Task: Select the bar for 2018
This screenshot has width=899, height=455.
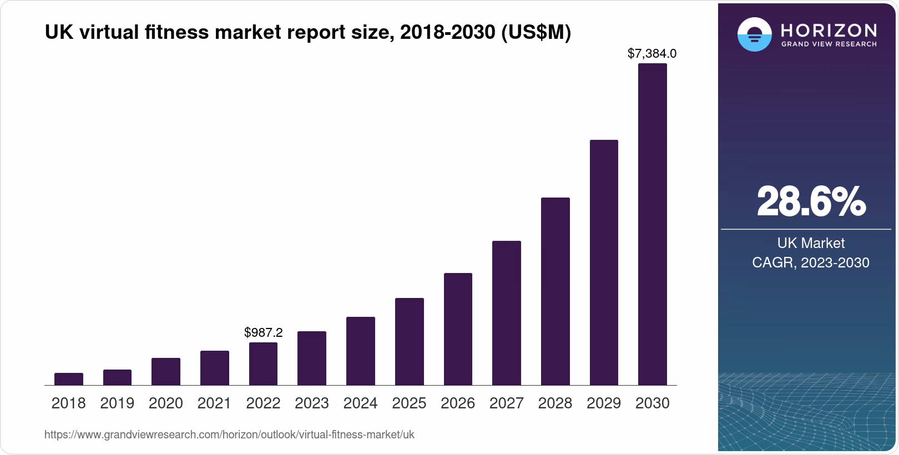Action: click(x=69, y=379)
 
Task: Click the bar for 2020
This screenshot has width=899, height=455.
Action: click(x=166, y=371)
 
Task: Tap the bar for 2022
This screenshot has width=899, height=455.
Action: click(x=263, y=363)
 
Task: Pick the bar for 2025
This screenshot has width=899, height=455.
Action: click(x=409, y=341)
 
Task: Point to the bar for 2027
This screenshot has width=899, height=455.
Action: click(x=506, y=313)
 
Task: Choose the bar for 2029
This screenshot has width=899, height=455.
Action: click(x=604, y=262)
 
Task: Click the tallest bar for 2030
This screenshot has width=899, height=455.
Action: click(x=652, y=224)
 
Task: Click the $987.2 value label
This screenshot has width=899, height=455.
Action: click(x=263, y=332)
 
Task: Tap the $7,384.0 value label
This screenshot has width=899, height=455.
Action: click(x=652, y=54)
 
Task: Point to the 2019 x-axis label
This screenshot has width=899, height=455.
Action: click(x=117, y=403)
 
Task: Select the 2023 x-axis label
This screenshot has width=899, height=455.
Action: click(x=312, y=403)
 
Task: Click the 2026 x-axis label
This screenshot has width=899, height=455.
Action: click(x=458, y=403)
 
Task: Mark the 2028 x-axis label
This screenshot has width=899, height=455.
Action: click(x=555, y=403)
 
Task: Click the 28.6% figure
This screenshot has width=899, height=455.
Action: click(x=811, y=202)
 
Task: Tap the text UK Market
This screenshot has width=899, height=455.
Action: click(x=811, y=243)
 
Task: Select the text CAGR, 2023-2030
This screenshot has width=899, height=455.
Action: click(x=811, y=262)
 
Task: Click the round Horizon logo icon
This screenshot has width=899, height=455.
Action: click(x=754, y=34)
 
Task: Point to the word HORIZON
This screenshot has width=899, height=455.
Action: click(x=829, y=30)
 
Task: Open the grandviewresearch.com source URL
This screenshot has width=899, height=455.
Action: click(x=229, y=434)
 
